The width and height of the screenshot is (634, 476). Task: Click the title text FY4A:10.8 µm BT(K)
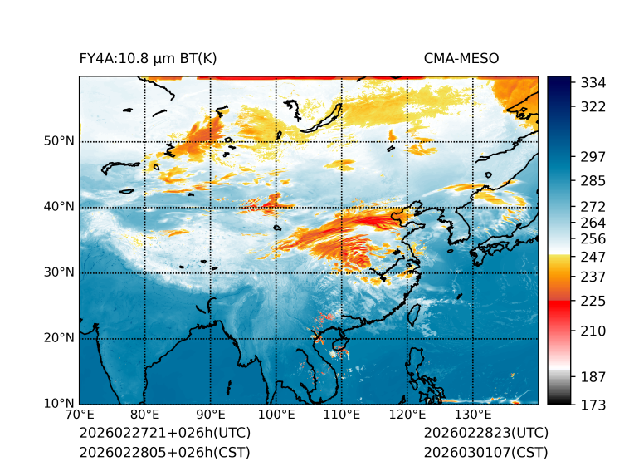[x=148, y=58]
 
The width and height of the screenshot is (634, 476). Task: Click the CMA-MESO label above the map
[x=461, y=58]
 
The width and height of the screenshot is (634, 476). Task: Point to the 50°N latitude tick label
[x=59, y=141]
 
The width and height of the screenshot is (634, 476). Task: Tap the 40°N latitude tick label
[x=59, y=207]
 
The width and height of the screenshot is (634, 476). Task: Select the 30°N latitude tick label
[x=59, y=272]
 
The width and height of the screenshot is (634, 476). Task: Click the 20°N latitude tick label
[x=59, y=338]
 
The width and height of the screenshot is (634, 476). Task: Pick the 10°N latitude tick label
[x=59, y=405]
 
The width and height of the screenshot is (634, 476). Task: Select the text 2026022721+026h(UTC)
[x=164, y=434]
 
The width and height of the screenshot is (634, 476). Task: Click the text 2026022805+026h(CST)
[x=164, y=453]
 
